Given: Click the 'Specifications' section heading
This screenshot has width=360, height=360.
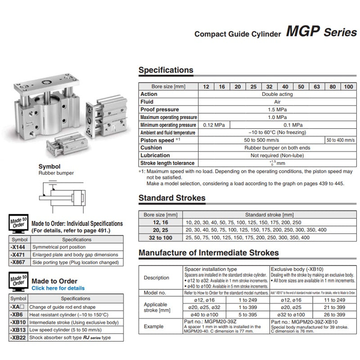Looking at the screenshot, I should pos(166,70).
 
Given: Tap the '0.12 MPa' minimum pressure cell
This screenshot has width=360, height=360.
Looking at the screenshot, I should pos(214,125).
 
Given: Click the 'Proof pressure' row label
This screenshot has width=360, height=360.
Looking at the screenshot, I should pos(159,109).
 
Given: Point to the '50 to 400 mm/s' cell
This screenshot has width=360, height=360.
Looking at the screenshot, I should pos(340,140).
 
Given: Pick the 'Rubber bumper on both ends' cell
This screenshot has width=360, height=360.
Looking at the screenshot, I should pos(277,148).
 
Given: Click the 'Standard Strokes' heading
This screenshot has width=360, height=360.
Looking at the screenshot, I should pos(171,198).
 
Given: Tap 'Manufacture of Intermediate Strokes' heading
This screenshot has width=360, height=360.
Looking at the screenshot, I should pos(208,253).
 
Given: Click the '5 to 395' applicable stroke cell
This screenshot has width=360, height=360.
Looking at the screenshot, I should pos(247,314).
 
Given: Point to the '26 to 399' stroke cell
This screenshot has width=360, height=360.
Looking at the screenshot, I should pos(334,314).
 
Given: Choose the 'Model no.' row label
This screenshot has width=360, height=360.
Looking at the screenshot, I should pos(155,292).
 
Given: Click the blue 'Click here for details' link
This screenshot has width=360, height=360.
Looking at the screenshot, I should pos(58,288).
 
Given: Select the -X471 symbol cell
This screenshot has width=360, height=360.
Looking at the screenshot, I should pos(18,254).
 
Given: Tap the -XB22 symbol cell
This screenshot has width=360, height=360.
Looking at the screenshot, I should pos(18,337).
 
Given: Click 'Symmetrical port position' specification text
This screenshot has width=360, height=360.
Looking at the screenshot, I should pos(57,247).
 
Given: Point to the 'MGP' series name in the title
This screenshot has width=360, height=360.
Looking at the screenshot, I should pos(302,32).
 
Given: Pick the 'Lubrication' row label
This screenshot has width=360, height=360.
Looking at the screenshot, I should pos(155,155).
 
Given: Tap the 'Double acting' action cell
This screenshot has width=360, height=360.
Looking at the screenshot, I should pos(277,94).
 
